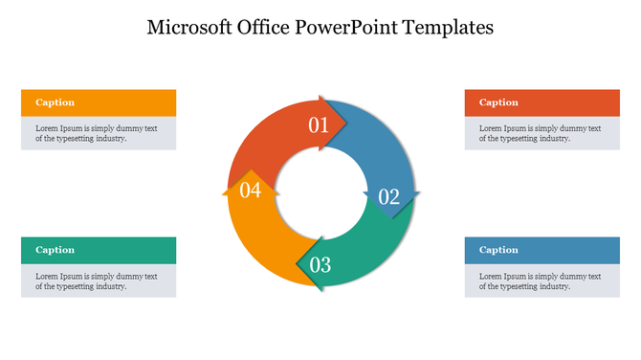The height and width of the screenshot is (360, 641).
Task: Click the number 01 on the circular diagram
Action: (318, 124)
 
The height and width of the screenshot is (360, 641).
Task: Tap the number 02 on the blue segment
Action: (388, 197)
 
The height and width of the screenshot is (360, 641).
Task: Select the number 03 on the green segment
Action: (320, 264)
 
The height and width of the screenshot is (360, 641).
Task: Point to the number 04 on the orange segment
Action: (250, 191)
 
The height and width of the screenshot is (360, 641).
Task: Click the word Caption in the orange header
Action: (55, 102)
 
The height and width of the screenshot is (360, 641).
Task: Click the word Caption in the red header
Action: (498, 102)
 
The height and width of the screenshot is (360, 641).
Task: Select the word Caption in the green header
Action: (55, 250)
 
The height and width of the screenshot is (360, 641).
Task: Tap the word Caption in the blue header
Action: (498, 250)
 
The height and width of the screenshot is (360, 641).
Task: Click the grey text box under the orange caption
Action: (99, 133)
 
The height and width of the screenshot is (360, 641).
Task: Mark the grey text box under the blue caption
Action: (542, 281)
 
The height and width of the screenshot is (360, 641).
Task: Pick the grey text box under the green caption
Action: (99, 281)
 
